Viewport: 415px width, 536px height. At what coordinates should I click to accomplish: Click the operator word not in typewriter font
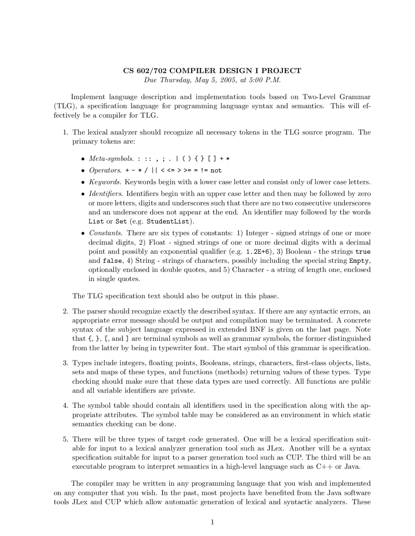pos(216,171)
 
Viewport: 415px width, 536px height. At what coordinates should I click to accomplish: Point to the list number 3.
pos(65,363)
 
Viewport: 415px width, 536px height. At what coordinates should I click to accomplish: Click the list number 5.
pos(65,439)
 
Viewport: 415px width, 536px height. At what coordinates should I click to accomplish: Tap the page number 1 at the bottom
pos(212,522)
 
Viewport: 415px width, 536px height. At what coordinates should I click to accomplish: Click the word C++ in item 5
pos(324,467)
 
